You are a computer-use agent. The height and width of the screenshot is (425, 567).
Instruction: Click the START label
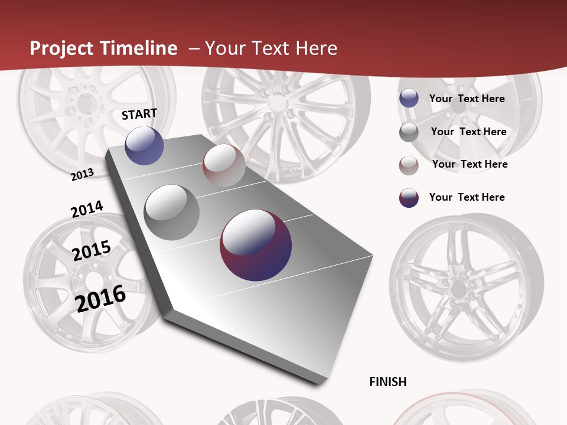tap(139, 114)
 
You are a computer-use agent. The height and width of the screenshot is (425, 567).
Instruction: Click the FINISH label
tap(387, 382)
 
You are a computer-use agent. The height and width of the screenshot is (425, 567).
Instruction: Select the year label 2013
tap(83, 175)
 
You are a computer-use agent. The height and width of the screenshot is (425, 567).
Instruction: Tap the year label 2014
tap(87, 209)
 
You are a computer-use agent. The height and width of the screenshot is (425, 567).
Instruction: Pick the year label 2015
tap(92, 250)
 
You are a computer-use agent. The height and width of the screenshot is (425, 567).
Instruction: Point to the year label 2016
tap(100, 298)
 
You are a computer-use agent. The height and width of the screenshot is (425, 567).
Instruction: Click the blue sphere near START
tap(144, 145)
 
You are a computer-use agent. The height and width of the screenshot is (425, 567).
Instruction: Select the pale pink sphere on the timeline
tap(224, 165)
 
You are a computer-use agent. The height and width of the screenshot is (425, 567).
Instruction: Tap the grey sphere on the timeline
tap(171, 212)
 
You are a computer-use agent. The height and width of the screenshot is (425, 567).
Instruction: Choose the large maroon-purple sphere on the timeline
tap(256, 245)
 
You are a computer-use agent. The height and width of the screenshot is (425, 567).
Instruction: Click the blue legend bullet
tap(409, 99)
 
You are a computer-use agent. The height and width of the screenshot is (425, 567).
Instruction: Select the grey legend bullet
tap(409, 132)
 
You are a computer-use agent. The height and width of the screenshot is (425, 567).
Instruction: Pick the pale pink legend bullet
tap(409, 165)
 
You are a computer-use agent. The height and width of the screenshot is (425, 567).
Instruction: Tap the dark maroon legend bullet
tap(409, 198)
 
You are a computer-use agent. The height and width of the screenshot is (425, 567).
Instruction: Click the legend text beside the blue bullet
tap(467, 99)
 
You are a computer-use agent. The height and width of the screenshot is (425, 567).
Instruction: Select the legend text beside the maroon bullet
tap(467, 197)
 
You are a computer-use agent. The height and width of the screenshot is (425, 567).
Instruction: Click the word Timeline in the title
tap(139, 48)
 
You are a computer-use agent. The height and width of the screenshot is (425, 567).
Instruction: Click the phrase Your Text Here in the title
tap(271, 48)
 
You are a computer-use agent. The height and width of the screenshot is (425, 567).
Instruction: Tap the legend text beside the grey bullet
tap(468, 132)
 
